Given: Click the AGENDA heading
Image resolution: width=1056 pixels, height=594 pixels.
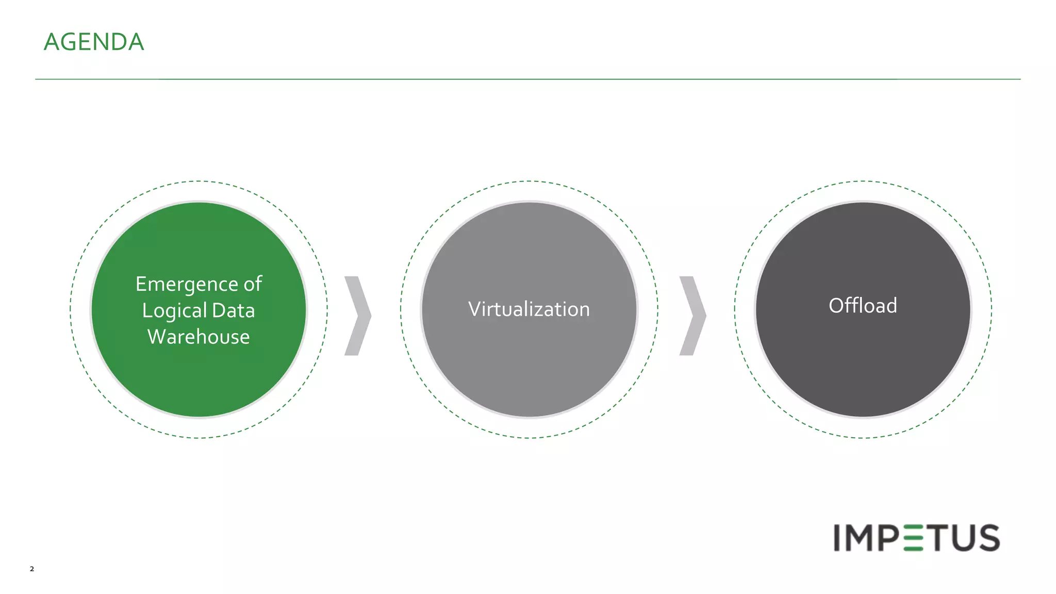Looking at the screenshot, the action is pos(94,42).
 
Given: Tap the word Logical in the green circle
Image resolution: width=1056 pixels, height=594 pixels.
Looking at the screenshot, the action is pos(174,311).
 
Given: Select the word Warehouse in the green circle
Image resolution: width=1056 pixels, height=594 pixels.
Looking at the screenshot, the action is pos(199,337).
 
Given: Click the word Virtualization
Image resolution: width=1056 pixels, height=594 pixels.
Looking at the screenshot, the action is pos(529,309).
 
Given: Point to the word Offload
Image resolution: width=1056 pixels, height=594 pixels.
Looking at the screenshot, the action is pos(863,306).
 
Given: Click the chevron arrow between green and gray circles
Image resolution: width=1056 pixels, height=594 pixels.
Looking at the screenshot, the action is pos(358,316).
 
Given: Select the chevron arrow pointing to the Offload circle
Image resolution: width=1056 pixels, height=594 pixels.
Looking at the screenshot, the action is pos(692,316).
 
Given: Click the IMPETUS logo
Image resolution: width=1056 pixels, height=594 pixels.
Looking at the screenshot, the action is pos(916,538).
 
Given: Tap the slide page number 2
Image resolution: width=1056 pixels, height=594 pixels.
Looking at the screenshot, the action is pos(32,569).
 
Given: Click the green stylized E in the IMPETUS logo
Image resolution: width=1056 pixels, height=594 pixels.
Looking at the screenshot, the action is pos(914,538).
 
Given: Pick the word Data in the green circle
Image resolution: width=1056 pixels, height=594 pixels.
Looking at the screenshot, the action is pos(233,311).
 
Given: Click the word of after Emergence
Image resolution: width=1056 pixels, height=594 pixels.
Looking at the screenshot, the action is pos(253,284).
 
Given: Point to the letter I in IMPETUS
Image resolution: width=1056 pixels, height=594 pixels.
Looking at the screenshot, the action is pos(837,538).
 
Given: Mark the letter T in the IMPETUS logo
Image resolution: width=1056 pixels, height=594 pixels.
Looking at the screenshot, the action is pos(936,538).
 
